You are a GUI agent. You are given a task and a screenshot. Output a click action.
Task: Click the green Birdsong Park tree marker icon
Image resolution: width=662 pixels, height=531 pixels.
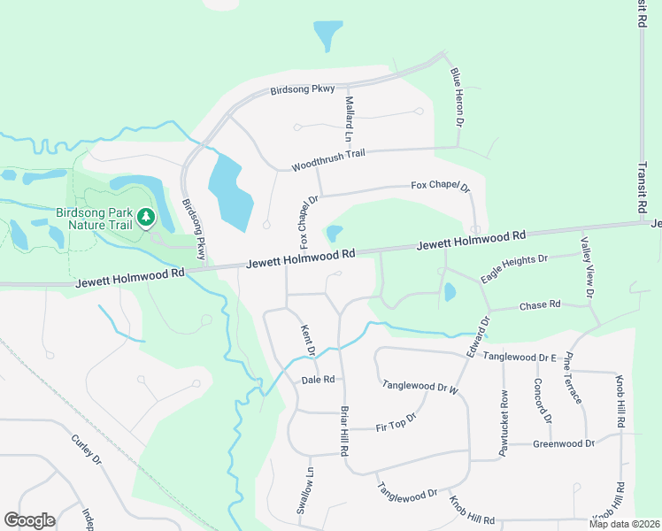pyautogui.click(x=145, y=216)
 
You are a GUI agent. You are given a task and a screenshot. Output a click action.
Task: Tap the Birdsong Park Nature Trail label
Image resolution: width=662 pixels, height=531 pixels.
pyautogui.click(x=93, y=219)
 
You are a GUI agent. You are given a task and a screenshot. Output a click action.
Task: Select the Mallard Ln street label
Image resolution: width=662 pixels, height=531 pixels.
pyautogui.click(x=349, y=119)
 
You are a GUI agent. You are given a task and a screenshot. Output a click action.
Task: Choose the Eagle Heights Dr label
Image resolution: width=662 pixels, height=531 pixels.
pyautogui.click(x=514, y=268)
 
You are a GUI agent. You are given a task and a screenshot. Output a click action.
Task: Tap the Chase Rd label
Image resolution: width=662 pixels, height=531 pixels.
pyautogui.click(x=540, y=304)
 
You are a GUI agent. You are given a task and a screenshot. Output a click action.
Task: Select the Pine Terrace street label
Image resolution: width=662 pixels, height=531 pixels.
pyautogui.click(x=572, y=378)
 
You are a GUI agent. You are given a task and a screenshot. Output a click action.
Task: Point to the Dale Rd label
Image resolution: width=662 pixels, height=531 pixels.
pyautogui.click(x=318, y=380)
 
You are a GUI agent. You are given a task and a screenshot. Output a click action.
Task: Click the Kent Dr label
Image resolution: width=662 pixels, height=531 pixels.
pyautogui.click(x=308, y=339)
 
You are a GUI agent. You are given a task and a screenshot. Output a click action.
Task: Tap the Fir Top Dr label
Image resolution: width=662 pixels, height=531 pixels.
pyautogui.click(x=396, y=421)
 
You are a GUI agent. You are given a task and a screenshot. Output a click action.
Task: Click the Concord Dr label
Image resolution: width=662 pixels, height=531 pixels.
pyautogui.click(x=543, y=401)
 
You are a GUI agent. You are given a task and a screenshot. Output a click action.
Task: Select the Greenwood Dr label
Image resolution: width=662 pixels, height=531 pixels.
pyautogui.click(x=563, y=443)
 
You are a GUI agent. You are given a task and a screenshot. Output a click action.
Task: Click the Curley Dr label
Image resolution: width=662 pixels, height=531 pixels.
pyautogui.click(x=87, y=449)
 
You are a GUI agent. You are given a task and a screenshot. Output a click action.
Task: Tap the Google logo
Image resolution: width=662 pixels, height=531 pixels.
pyautogui.click(x=29, y=520)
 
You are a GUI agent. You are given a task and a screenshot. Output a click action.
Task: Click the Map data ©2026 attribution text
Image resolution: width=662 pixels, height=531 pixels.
pyautogui.click(x=623, y=524)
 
